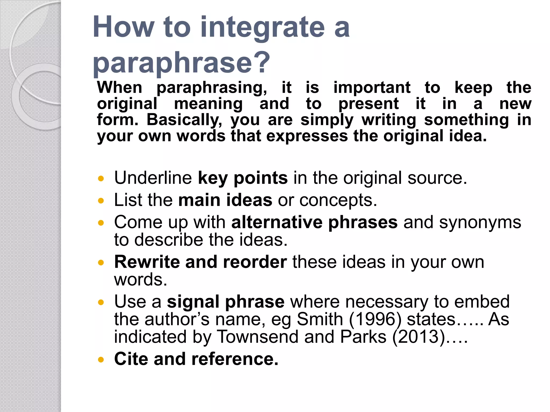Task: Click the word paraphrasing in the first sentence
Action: click(x=212, y=88)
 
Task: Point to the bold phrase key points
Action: click(x=243, y=178)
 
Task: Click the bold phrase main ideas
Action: click(x=225, y=200)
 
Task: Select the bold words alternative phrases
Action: click(x=314, y=222)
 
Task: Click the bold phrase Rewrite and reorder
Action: click(x=200, y=262)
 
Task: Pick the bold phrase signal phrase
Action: click(x=225, y=301)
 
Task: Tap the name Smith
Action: click(x=320, y=319)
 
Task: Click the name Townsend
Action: click(x=257, y=337)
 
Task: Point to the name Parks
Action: click(x=363, y=337)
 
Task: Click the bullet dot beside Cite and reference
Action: click(x=101, y=359)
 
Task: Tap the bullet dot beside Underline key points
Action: click(x=101, y=178)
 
